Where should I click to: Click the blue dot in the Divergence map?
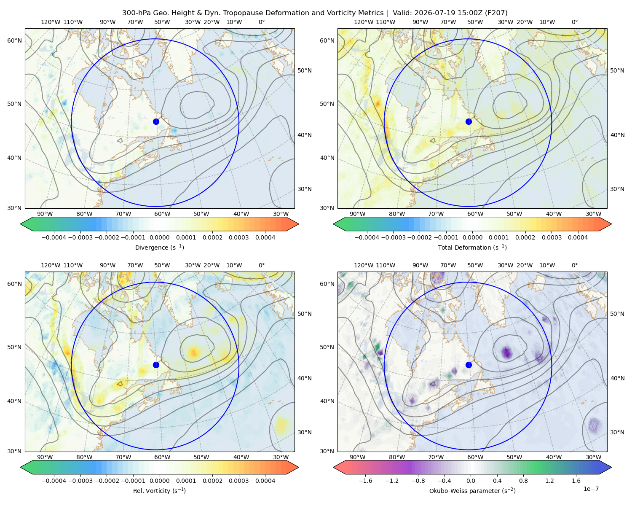pyautogui.click(x=156, y=121)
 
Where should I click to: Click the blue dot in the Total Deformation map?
pyautogui.click(x=469, y=121)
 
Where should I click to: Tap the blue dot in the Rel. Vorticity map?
pyautogui.click(x=156, y=365)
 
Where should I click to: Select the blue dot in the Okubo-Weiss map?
pyautogui.click(x=469, y=365)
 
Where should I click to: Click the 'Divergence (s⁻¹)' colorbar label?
pyautogui.click(x=159, y=247)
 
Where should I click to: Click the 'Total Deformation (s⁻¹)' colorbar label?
pyautogui.click(x=472, y=247)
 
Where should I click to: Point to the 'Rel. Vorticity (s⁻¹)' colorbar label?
pyautogui.click(x=159, y=490)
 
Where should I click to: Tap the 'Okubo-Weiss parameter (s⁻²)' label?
pyautogui.click(x=472, y=490)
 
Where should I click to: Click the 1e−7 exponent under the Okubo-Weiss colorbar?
pyautogui.click(x=591, y=489)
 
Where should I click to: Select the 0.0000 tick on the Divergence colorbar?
pyautogui.click(x=159, y=237)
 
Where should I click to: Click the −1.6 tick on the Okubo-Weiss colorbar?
pyautogui.click(x=365, y=480)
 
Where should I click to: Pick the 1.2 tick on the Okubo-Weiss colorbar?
pyautogui.click(x=549, y=480)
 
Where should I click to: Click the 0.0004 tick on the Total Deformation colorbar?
pyautogui.click(x=578, y=237)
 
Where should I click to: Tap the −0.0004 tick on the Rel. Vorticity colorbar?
pyautogui.click(x=54, y=480)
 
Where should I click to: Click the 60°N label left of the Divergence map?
pyautogui.click(x=14, y=40)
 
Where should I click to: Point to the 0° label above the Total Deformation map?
pyautogui.click(x=574, y=22)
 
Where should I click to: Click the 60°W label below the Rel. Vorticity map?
pyautogui.click(x=162, y=457)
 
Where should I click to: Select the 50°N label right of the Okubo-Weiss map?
pyautogui.click(x=617, y=314)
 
